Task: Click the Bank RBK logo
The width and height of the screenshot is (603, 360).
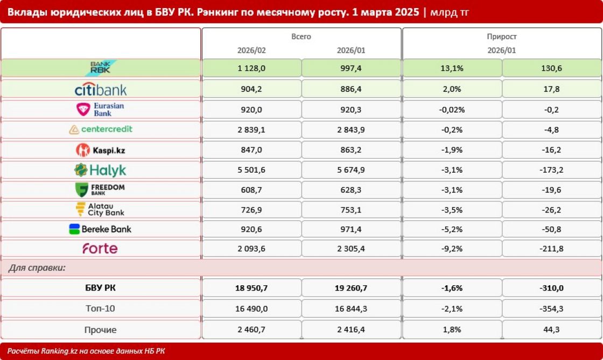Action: [100, 68]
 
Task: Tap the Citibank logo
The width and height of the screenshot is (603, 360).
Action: [100, 89]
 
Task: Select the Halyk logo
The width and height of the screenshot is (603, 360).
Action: [100, 170]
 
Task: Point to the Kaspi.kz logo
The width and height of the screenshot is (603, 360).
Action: [100, 150]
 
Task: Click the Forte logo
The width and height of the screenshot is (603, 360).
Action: [100, 249]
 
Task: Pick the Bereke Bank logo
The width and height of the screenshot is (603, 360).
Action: [100, 229]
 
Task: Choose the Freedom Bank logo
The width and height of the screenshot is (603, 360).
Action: [100, 189]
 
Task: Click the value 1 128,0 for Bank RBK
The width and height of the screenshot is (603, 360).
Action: [251, 68]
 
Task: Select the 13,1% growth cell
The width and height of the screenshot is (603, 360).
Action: [452, 68]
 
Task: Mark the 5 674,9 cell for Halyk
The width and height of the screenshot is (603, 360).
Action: [351, 170]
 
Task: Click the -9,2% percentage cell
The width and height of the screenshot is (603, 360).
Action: [452, 249]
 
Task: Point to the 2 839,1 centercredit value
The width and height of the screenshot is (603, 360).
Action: [251, 130]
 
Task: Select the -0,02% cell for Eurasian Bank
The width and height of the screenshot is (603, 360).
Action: [452, 110]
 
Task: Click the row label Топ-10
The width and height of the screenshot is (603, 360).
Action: [100, 308]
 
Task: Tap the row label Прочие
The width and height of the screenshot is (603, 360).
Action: [100, 329]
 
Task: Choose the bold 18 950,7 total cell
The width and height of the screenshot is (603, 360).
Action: [251, 288]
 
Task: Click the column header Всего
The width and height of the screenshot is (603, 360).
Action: [301, 37]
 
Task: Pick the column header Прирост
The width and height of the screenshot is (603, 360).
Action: [501, 37]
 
